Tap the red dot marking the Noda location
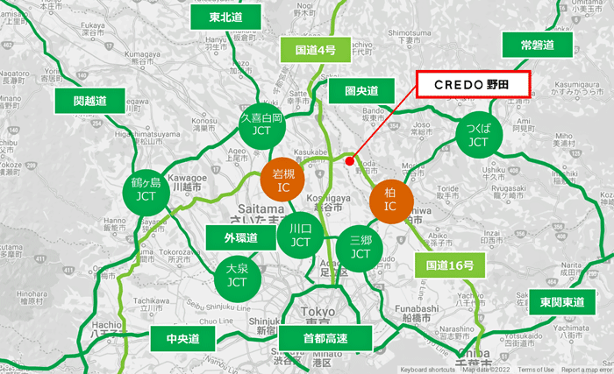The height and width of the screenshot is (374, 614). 349,161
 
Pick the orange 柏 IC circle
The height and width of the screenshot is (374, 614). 390,200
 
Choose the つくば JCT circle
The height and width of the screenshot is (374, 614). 478,135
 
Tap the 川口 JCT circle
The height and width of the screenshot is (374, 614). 301,236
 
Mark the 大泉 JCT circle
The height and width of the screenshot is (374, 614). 236,277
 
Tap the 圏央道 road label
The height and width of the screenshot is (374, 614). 361,91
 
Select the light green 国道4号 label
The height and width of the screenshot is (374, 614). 313,50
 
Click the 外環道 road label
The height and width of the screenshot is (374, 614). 240,237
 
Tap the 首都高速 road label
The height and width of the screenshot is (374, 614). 325,336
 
